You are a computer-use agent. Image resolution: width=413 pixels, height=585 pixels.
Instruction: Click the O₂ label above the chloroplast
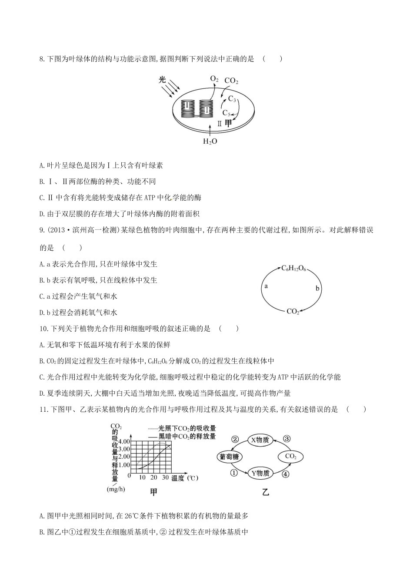click(x=214, y=79)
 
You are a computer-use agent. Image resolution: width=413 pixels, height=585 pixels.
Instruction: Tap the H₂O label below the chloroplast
click(x=210, y=141)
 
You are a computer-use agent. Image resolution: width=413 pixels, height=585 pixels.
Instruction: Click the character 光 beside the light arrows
click(x=162, y=80)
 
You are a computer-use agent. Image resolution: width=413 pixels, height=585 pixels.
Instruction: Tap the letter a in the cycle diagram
click(x=266, y=286)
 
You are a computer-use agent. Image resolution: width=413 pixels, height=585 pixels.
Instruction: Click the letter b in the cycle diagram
click(x=317, y=288)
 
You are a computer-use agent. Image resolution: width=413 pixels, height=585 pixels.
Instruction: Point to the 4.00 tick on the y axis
click(x=124, y=441)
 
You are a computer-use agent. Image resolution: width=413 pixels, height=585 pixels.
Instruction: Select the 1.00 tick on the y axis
click(x=124, y=464)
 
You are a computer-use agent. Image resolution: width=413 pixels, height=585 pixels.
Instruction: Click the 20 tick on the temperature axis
click(x=153, y=477)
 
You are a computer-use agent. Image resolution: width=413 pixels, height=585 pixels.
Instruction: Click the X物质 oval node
click(x=260, y=440)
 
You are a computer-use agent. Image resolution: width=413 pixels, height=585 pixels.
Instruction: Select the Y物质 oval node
click(x=260, y=473)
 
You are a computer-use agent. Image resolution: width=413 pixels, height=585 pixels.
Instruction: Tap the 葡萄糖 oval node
click(x=229, y=457)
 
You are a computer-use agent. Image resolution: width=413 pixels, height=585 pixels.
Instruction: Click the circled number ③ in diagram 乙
click(x=287, y=439)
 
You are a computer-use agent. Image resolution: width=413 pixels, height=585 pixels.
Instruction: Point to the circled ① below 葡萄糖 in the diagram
click(x=234, y=473)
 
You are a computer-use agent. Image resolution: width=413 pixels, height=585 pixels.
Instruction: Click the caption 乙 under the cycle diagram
click(x=266, y=493)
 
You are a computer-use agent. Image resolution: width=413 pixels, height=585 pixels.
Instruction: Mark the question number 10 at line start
click(x=43, y=329)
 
